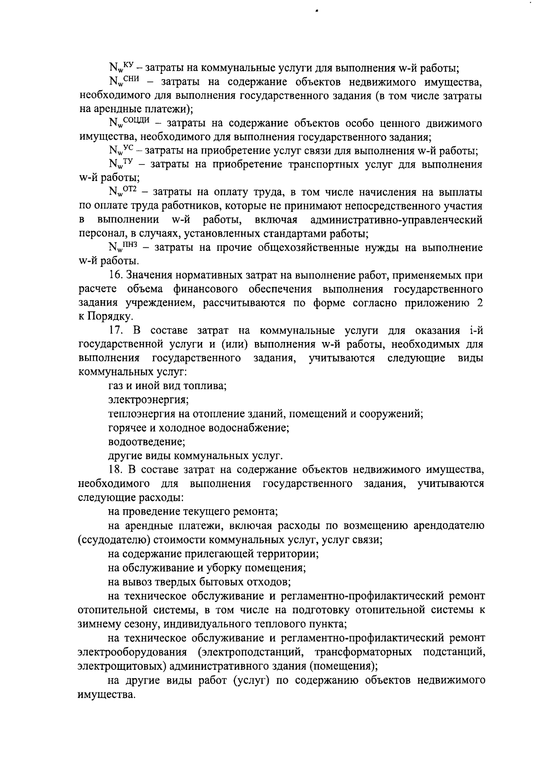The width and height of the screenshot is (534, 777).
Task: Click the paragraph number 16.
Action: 115,275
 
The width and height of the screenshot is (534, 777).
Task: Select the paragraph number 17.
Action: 116,331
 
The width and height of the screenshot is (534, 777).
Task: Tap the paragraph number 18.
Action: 116,469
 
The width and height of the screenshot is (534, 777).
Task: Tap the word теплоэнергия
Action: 142,414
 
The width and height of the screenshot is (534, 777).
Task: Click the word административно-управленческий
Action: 396,220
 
